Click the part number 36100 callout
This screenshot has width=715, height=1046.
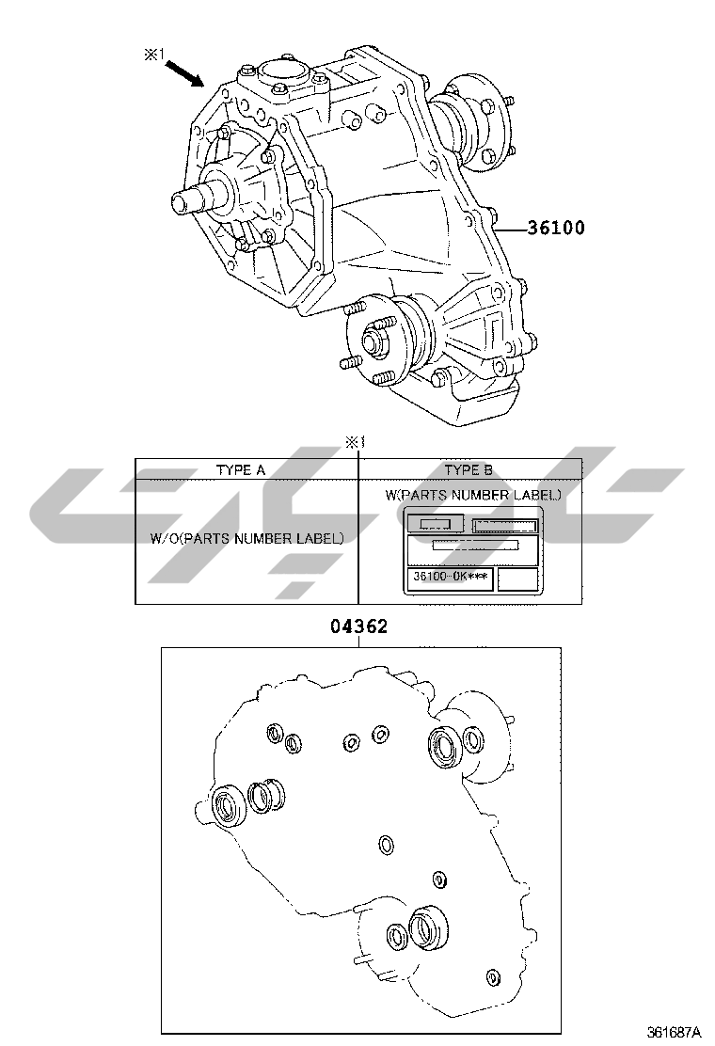point(556,229)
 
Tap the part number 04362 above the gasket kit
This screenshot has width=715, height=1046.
point(358,626)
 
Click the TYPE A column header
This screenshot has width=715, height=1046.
point(241,469)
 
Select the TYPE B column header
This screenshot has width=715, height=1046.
point(469,469)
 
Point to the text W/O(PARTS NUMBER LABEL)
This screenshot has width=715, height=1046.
point(247,538)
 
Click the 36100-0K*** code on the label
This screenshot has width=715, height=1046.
point(451,576)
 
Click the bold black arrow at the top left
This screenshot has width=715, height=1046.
point(184,73)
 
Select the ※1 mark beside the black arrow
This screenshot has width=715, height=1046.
point(154,55)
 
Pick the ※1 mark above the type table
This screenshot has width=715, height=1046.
point(356,441)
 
